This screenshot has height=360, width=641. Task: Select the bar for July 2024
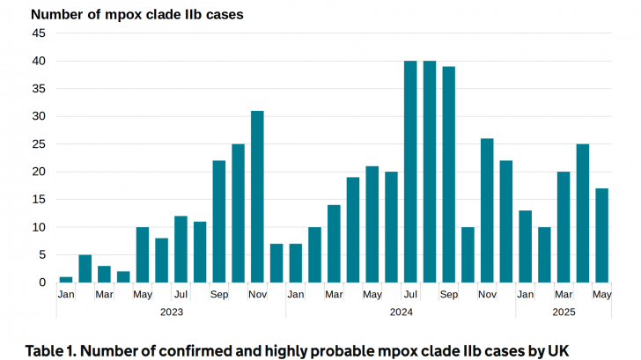point(410,172)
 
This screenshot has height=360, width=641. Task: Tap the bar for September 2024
point(449,174)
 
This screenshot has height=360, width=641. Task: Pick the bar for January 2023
point(66,279)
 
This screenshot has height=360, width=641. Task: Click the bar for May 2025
point(602,235)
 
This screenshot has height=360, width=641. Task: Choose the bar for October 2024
point(468,254)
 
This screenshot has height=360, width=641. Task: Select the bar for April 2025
point(583,213)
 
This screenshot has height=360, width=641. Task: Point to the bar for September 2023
point(219,221)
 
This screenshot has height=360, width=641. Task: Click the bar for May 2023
point(143,254)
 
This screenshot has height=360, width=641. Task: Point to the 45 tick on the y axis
point(39,33)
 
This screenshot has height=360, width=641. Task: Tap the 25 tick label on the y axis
point(39,144)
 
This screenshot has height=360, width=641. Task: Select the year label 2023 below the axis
point(172,312)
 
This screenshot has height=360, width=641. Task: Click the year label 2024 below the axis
point(401,312)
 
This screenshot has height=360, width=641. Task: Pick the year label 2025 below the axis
point(564,312)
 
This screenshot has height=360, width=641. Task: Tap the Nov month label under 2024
point(487,294)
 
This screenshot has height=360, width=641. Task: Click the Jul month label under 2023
point(181,294)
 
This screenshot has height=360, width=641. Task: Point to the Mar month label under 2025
point(564,294)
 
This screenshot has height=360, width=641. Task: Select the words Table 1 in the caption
point(54,349)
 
